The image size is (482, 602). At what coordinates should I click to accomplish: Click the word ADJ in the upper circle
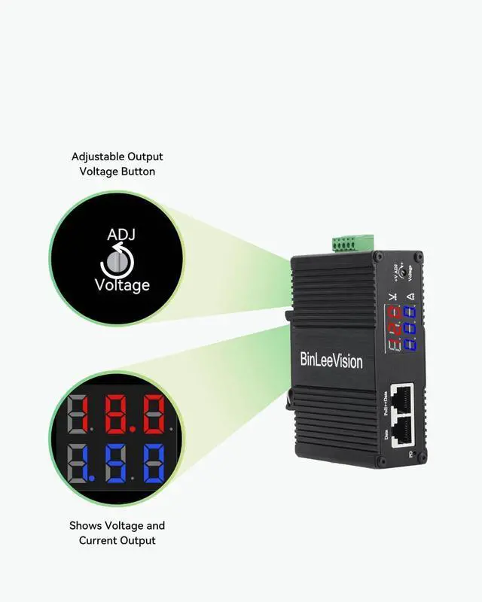click(121, 236)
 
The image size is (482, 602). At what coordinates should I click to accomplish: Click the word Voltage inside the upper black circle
click(122, 285)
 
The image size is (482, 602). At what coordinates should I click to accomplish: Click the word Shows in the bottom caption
click(86, 525)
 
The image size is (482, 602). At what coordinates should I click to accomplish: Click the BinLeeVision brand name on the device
click(331, 361)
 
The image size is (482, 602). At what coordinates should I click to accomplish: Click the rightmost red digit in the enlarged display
click(154, 413)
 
